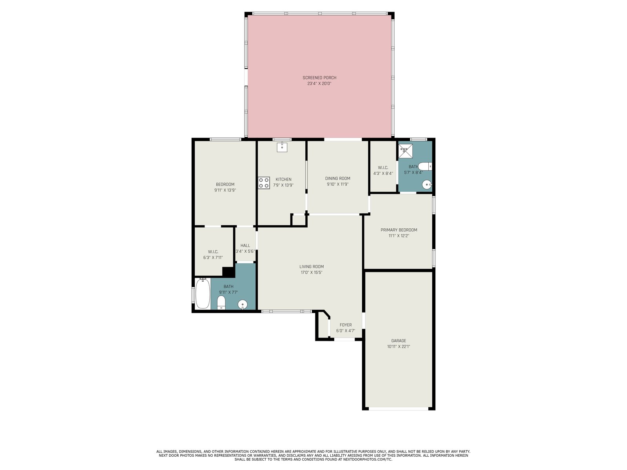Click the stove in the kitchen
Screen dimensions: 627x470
point(264,183)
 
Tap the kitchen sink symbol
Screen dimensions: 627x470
point(282,147)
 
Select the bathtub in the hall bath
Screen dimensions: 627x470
point(203,294)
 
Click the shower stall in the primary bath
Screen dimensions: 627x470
point(405,151)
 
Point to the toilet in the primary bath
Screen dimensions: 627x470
point(425,166)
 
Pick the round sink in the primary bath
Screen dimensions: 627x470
point(427,184)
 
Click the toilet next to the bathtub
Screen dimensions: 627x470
point(221,303)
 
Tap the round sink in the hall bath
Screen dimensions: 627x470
point(243,304)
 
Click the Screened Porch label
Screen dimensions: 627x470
point(319,78)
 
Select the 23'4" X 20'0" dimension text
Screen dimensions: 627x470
point(319,83)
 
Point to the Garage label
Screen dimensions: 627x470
point(399,341)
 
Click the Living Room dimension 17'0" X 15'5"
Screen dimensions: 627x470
point(312,272)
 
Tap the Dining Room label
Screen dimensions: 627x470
point(338,178)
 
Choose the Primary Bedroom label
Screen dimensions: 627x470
point(399,230)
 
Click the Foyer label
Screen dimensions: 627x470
point(346,325)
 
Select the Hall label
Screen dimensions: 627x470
point(245,246)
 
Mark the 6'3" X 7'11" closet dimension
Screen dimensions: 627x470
point(213,257)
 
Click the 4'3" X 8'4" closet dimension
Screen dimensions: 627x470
point(383,173)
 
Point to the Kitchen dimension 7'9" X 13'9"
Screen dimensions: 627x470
point(283,185)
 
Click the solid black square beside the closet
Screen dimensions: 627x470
point(228,272)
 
